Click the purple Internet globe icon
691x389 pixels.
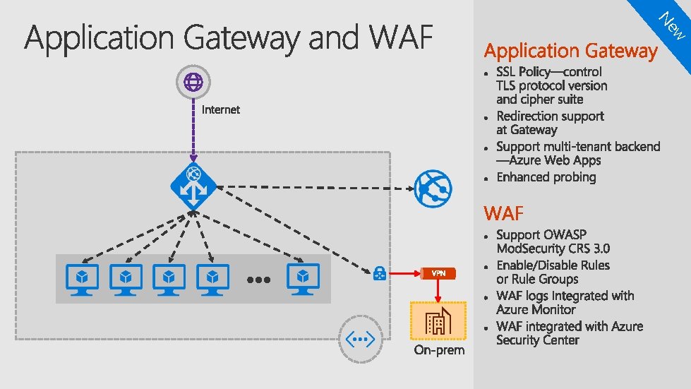(193, 82)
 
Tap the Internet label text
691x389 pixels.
(220, 109)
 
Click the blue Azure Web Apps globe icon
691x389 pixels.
(433, 188)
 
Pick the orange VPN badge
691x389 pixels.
(438, 274)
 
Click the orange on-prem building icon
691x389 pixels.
(438, 321)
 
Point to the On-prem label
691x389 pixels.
(439, 350)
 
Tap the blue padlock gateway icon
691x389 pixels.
(380, 273)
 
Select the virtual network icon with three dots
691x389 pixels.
(361, 339)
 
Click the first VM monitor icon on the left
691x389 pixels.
(82, 280)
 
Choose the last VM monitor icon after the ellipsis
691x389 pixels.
(304, 280)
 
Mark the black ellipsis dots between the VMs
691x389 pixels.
(259, 280)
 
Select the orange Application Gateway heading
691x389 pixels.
(571, 51)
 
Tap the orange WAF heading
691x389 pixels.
(504, 213)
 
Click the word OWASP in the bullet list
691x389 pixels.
(563, 235)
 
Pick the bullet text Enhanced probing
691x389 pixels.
(546, 177)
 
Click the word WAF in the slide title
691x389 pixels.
(401, 37)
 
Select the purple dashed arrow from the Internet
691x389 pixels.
(193, 131)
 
